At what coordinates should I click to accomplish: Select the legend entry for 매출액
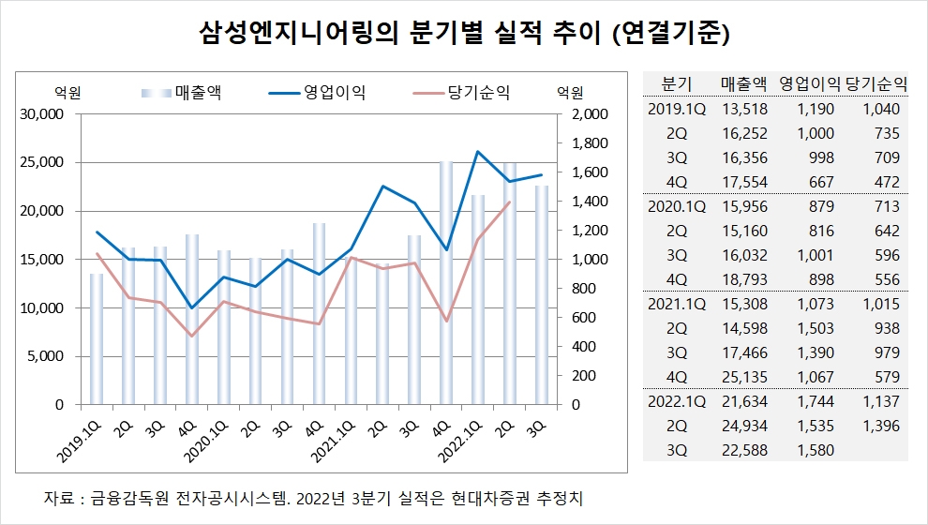point(181,92)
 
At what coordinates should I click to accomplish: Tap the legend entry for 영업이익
point(317,92)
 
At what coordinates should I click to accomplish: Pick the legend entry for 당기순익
point(461,92)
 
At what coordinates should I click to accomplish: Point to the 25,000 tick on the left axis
point(42,162)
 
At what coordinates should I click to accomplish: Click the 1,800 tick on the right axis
point(590,143)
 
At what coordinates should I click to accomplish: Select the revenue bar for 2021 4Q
point(445,283)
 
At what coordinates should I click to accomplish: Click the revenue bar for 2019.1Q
point(97,339)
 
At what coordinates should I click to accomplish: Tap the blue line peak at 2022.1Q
point(478,152)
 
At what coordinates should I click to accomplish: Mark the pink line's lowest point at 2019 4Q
point(190,337)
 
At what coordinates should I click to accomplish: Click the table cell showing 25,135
point(744,377)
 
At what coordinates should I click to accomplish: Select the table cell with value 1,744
point(816,401)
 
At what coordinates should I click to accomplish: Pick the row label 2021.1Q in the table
point(677,304)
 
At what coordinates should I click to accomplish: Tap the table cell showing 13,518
point(744,109)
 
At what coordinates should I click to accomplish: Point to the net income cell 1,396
point(881,426)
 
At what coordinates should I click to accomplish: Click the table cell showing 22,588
point(744,450)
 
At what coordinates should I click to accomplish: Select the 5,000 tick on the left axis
point(47,356)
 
